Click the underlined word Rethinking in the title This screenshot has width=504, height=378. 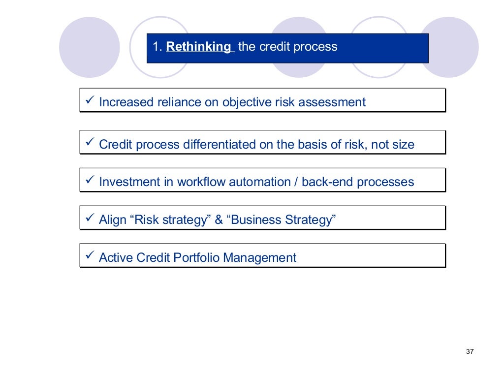pyautogui.click(x=198, y=47)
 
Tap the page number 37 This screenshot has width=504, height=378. pyautogui.click(x=469, y=351)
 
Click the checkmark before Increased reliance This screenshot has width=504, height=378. pyautogui.click(x=90, y=101)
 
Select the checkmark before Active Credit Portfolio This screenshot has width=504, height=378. pyautogui.click(x=90, y=256)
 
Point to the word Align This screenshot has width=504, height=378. pyautogui.click(x=113, y=220)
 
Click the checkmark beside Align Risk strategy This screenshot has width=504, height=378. pyautogui.click(x=90, y=218)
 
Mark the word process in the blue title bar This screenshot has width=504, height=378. pyautogui.click(x=319, y=47)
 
